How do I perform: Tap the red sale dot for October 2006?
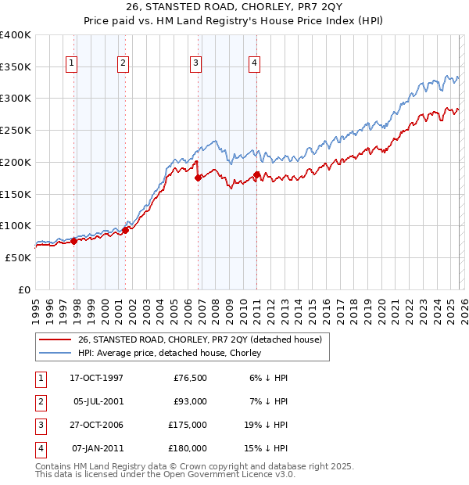point(198,178)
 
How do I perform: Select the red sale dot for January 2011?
point(256,174)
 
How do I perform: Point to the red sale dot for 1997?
point(73,241)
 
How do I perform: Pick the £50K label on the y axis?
point(19,257)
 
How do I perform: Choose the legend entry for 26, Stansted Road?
point(205,339)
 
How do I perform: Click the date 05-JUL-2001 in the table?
point(96,401)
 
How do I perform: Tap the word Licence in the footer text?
point(239,474)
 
